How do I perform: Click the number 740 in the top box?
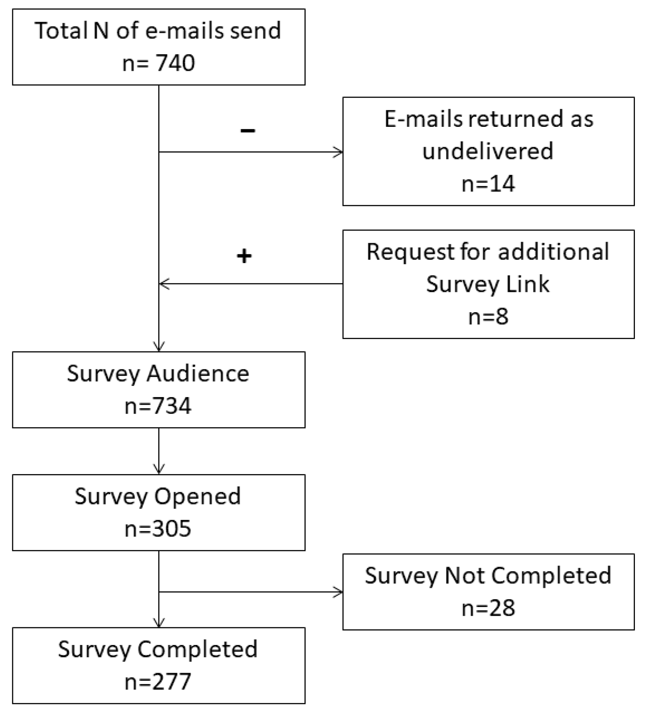pos(175,63)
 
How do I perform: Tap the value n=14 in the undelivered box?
pos(488,184)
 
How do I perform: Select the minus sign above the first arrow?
pos(248,130)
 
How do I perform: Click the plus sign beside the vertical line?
pos(244,256)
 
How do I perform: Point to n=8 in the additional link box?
pos(488,317)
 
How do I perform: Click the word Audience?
pos(198,373)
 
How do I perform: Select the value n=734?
pos(158,406)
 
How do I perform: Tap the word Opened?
pos(197,496)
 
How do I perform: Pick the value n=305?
pos(158,529)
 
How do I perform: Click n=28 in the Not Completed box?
pos(488,608)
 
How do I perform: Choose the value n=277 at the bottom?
pos(158,682)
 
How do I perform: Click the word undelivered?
pos(488,151)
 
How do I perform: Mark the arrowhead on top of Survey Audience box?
pos(159,348)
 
